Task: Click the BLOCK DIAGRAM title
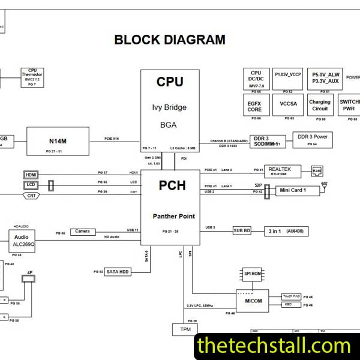point(170,40)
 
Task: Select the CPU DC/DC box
point(256,79)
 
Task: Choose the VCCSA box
point(287,103)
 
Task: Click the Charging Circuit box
point(320,105)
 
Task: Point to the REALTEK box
point(280,172)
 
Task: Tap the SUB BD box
point(242,230)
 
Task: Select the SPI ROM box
point(252,273)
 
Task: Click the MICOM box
point(253,301)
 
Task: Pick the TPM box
point(184,329)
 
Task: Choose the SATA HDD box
point(118,271)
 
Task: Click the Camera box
point(83,232)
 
